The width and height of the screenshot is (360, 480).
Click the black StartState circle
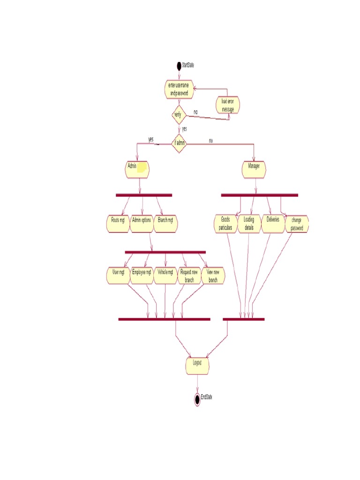pos(179,66)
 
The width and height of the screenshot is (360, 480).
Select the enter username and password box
pos(179,90)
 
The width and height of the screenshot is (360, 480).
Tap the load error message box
pos(228,105)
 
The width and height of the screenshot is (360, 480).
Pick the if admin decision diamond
pos(179,143)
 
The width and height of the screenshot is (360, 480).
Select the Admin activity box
pos(137,169)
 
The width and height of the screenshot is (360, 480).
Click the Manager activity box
pos(254,169)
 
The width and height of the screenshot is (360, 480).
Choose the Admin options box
pos(142,224)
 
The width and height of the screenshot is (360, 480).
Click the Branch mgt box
pos(166,224)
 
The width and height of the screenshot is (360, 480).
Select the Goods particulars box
pos(226,224)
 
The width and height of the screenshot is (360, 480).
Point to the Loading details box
pos(249,224)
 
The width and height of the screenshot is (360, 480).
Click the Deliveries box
pos(273,224)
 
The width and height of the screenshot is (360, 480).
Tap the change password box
pos(297,225)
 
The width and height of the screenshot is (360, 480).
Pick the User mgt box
pos(118,276)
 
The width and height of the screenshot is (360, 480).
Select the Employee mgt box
pos(142,276)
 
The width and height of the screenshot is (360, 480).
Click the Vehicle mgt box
pos(165,276)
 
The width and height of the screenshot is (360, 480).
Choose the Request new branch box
pos(189,276)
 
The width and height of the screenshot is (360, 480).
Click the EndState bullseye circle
pos(197,399)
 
